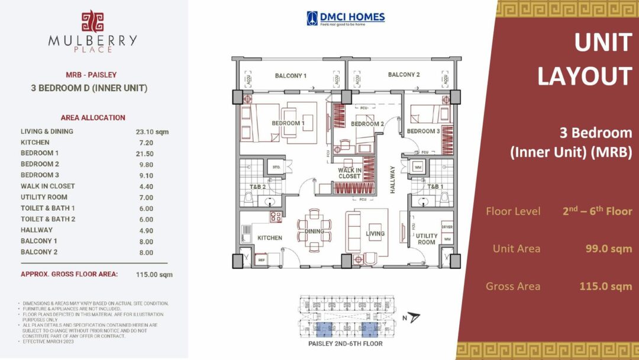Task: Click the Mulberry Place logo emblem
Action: [92, 21]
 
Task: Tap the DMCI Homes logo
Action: [346, 18]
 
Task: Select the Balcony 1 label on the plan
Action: [291, 76]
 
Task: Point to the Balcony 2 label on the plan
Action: [404, 75]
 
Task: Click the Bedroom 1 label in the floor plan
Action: [288, 123]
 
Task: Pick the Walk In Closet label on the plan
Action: [350, 173]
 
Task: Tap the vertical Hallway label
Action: [392, 180]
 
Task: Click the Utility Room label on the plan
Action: [427, 239]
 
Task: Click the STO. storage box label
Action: [276, 168]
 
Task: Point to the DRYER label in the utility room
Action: [447, 227]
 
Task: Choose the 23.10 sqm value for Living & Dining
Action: [152, 131]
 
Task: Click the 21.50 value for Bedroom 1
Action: [144, 153]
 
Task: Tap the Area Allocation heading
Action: [93, 117]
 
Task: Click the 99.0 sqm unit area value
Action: [605, 249]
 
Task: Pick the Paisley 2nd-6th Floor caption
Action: [346, 344]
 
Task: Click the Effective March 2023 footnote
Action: [48, 342]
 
